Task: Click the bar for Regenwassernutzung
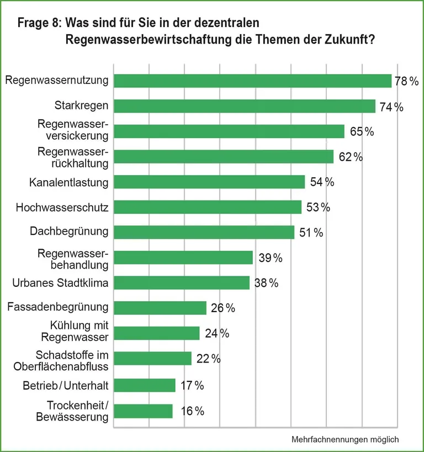252,81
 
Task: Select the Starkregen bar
244,106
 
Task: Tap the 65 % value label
362,132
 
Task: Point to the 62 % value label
351,157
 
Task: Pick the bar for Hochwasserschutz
207,207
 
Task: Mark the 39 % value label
271,258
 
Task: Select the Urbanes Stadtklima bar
181,283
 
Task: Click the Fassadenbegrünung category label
58,307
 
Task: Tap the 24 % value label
217,334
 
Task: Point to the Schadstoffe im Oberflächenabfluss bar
152,359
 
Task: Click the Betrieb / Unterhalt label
66,385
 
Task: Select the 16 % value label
193,411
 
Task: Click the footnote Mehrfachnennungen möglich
344,439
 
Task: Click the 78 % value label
407,81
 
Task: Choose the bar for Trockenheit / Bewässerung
143,411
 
